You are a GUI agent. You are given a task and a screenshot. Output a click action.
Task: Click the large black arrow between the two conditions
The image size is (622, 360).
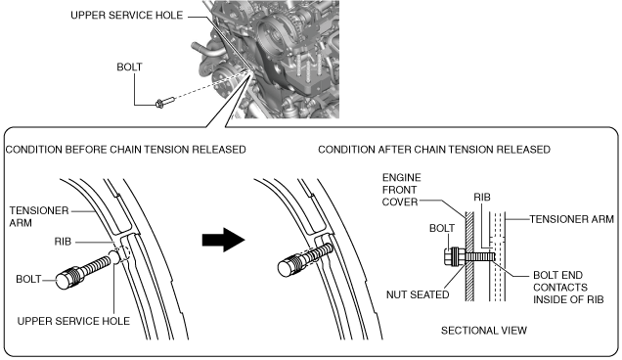223,240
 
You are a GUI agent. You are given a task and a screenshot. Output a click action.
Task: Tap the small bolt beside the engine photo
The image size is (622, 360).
165,102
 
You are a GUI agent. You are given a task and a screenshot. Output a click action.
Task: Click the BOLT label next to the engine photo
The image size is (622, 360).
129,67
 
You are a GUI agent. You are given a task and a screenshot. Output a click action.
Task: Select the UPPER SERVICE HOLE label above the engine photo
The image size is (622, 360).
127,16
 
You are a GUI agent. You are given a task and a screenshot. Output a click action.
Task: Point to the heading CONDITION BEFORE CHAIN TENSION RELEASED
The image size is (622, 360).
126,150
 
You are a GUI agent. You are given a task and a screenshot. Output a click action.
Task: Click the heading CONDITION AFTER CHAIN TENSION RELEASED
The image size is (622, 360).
434,150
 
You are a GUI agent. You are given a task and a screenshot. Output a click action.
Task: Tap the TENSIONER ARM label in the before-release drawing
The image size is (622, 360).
39,217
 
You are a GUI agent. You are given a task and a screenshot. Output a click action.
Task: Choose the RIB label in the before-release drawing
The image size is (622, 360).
63,242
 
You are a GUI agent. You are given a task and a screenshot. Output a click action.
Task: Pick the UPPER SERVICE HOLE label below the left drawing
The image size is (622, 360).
73,321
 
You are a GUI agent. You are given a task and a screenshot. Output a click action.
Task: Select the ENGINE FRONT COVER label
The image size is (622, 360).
401,190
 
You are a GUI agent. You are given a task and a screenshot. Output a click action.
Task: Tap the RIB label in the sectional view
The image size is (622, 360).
482,198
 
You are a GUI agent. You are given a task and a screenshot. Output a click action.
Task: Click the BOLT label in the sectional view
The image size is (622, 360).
442,228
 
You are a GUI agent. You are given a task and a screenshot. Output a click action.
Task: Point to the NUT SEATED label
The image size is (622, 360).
418,294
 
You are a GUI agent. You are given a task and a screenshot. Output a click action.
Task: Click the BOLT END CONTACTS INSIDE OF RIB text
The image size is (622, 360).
568,288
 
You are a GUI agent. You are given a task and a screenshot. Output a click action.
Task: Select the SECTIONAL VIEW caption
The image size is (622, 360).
484,331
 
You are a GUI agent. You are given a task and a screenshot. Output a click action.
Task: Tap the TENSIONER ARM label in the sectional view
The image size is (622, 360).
571,219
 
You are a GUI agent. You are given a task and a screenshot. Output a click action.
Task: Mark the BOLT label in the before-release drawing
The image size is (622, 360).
28,279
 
